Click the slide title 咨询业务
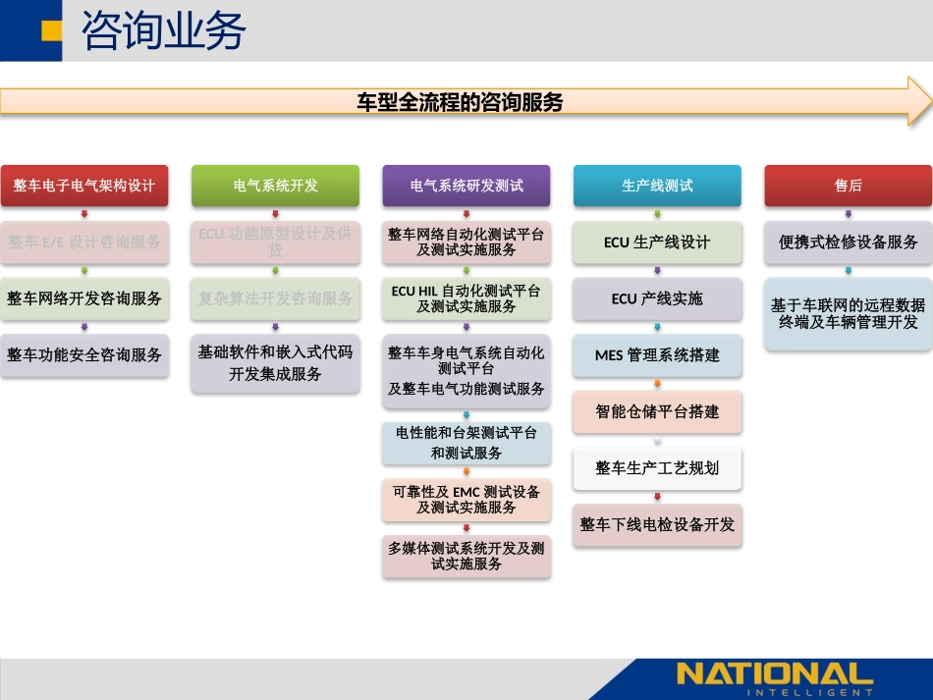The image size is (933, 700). (163, 31)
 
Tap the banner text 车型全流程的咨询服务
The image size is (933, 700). (460, 102)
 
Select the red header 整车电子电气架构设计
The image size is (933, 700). (84, 186)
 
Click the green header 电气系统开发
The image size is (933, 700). (275, 186)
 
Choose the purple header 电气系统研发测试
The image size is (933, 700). (466, 186)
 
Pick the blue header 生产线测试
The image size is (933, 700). (657, 186)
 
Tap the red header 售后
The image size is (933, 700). (848, 186)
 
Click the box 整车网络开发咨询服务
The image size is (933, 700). (84, 298)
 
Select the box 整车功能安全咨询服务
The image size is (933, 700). (84, 354)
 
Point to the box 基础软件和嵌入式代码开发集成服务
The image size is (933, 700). (275, 362)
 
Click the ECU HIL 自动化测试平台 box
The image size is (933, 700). (466, 298)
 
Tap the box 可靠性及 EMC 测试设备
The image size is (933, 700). (466, 500)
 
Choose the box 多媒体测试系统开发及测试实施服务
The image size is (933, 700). (466, 556)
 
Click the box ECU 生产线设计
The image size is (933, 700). (657, 242)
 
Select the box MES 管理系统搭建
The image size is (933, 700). (657, 355)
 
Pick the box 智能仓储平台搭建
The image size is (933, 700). (657, 411)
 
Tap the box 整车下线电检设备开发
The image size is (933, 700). (657, 524)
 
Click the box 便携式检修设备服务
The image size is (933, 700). (848, 242)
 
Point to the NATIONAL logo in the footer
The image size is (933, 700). (774, 676)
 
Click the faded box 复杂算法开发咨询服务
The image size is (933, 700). (275, 298)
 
